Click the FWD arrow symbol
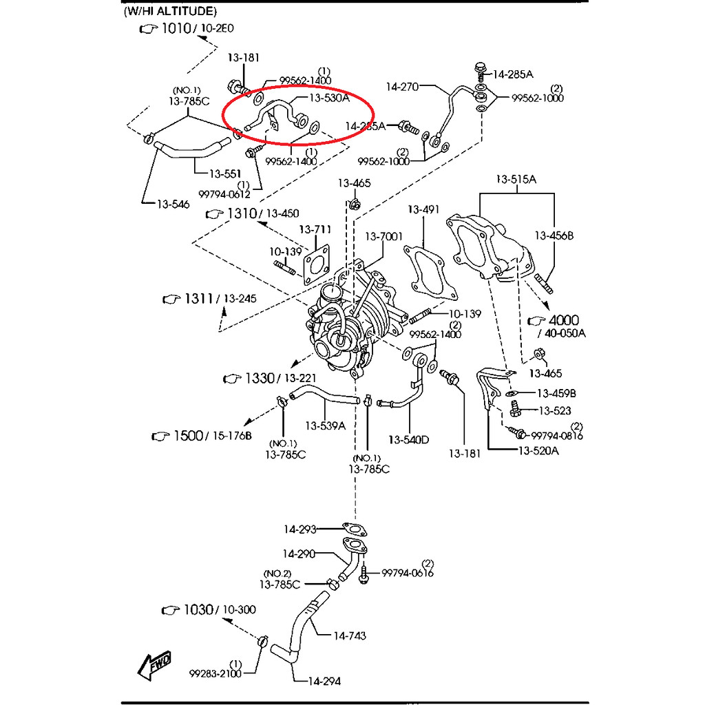pos(154,664)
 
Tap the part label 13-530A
pos(330,98)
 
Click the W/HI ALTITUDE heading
pos(169,11)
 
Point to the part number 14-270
pos(402,87)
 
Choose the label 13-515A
pos(516,180)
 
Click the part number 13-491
pos(423,209)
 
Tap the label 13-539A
pos(326,425)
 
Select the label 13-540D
pos(408,439)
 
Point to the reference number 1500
pos(187,436)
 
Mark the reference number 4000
pos(564,320)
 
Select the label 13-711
pos(315,229)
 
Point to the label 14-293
pos(299,529)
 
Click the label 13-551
pos(225,173)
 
